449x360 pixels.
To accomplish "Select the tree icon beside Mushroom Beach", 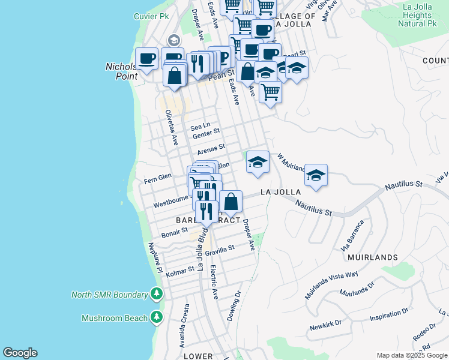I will [x=157, y=317].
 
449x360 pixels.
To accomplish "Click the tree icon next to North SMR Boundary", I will [x=157, y=294].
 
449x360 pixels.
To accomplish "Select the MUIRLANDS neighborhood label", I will [x=372, y=257].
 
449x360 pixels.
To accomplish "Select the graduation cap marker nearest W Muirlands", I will [x=316, y=175].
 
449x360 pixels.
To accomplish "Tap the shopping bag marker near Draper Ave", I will [x=231, y=202].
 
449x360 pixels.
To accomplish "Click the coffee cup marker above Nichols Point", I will [x=146, y=58].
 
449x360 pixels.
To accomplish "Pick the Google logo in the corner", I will [x=20, y=353].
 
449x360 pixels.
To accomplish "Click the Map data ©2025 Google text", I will [x=412, y=355].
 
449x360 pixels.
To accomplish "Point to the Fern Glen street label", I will [x=158, y=178].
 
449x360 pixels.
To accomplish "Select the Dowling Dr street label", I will [x=234, y=306].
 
